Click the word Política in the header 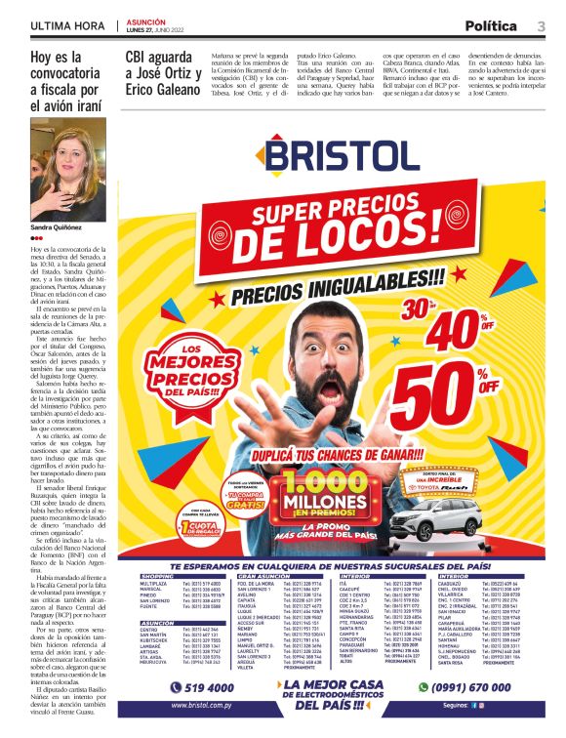point(491,25)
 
